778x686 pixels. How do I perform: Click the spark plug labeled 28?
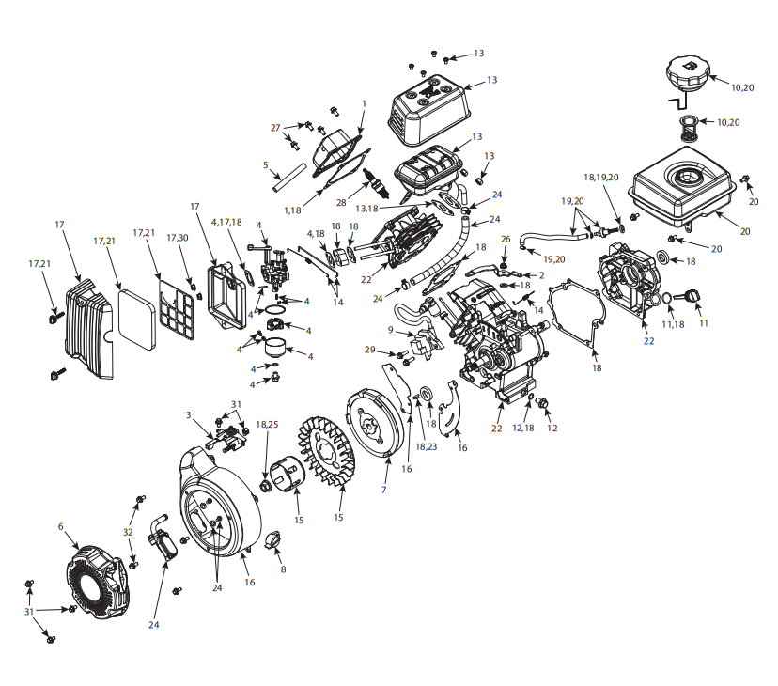376,182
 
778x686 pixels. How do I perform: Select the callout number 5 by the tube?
266,164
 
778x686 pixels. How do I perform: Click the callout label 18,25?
267,425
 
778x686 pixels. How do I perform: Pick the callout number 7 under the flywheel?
383,490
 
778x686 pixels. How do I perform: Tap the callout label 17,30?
178,238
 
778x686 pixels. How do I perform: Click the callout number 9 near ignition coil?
391,330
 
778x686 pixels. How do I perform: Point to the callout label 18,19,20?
600,178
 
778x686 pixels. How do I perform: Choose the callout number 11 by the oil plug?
704,323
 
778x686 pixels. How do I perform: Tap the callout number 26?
506,239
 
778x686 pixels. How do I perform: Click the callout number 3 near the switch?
188,415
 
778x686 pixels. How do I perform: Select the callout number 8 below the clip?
284,569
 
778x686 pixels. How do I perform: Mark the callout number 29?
370,350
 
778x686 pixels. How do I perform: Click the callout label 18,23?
427,446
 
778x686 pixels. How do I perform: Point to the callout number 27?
275,128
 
